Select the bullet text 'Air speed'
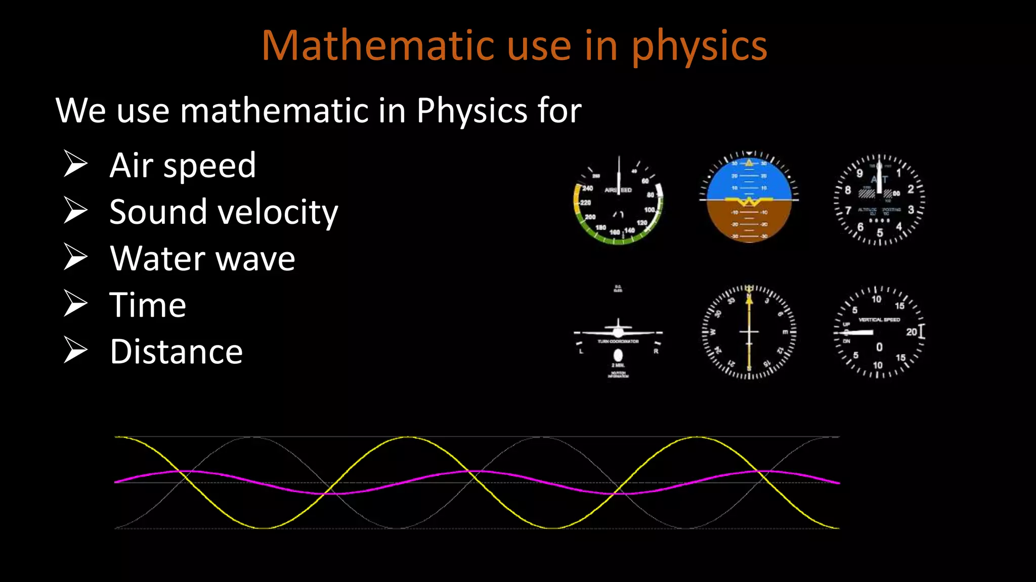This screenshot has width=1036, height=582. [183, 165]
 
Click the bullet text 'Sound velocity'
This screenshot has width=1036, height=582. [224, 212]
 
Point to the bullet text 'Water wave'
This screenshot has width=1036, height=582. [202, 258]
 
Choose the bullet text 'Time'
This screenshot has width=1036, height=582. [148, 305]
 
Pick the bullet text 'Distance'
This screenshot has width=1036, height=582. [176, 352]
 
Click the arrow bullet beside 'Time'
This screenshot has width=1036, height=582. [76, 304]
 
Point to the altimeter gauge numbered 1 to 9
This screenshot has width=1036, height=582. [879, 200]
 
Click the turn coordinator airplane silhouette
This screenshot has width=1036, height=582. [618, 331]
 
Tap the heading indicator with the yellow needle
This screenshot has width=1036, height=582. [749, 332]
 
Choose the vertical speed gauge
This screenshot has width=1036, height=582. [879, 332]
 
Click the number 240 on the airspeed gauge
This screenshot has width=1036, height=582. [587, 188]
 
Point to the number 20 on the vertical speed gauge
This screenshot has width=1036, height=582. [911, 332]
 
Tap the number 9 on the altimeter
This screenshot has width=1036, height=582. [859, 174]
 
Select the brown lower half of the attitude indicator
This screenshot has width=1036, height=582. [749, 222]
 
